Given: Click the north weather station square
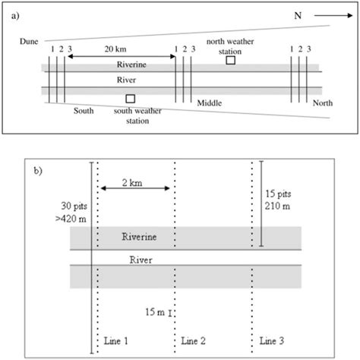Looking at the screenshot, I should [231, 60].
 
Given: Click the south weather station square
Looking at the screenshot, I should [131, 99].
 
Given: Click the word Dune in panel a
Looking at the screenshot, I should [30, 43].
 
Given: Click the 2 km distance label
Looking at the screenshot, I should [134, 182].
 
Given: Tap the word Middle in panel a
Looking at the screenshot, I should [210, 102].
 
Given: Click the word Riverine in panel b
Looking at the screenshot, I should [139, 238].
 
